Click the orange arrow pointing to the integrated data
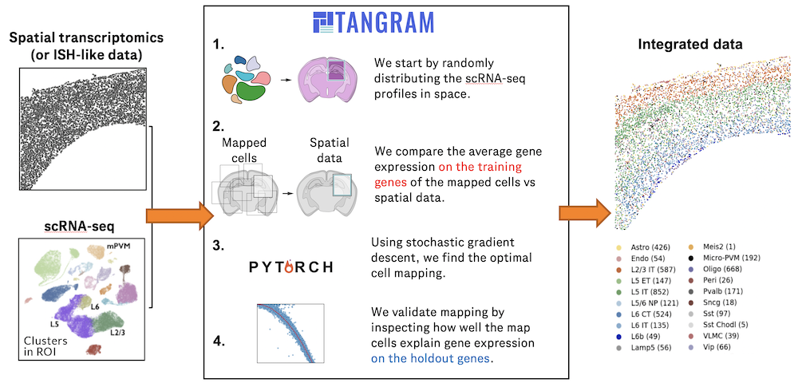coord(585,213)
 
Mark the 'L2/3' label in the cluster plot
coord(117,330)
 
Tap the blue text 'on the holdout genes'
coord(433,359)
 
